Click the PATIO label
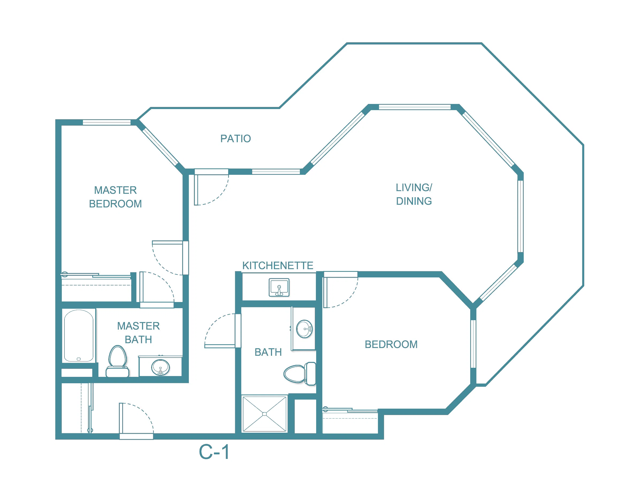pyautogui.click(x=235, y=138)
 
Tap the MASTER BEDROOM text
pyautogui.click(x=115, y=197)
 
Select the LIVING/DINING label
pyautogui.click(x=414, y=194)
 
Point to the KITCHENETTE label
pyautogui.click(x=278, y=265)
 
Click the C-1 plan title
pyautogui.click(x=214, y=452)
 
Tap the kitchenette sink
pyautogui.click(x=279, y=287)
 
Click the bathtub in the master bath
pyautogui.click(x=79, y=335)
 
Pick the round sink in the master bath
pyautogui.click(x=160, y=367)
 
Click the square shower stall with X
pyautogui.click(x=264, y=414)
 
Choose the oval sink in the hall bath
pyautogui.click(x=304, y=329)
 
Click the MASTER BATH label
pyautogui.click(x=138, y=332)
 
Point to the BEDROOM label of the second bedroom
pyautogui.click(x=391, y=344)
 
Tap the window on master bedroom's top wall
pyautogui.click(x=107, y=122)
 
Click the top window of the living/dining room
pyautogui.click(x=414, y=107)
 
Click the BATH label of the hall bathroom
pyautogui.click(x=268, y=352)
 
